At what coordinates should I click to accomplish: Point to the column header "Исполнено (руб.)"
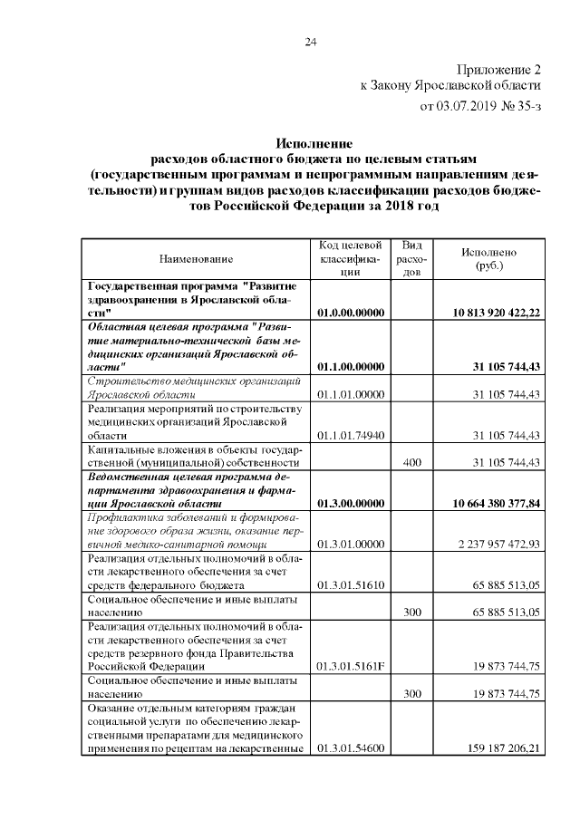point(488,259)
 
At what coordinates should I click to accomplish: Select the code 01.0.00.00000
point(353,313)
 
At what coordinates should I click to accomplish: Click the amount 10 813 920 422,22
point(497,313)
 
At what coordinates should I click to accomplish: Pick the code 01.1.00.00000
point(353,367)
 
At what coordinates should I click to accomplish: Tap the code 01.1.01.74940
point(353,436)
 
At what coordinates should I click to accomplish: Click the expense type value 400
point(411,463)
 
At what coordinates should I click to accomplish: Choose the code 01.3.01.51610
point(353,584)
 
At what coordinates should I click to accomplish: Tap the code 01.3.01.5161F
point(353,667)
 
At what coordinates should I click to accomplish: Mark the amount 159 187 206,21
point(502,748)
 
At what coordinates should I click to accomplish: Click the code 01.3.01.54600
point(353,748)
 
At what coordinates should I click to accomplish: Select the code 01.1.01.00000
point(353,394)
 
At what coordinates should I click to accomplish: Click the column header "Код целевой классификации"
point(353,258)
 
